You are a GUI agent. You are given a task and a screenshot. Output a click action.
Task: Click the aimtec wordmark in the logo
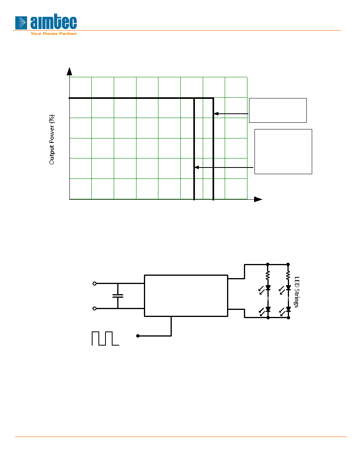point(53,22)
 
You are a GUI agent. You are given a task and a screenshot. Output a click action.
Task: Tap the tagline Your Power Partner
point(54,34)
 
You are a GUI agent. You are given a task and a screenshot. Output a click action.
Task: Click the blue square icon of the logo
point(21,23)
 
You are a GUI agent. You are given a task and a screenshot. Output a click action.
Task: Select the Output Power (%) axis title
point(52,139)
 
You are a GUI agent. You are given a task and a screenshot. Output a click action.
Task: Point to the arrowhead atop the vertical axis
point(69,71)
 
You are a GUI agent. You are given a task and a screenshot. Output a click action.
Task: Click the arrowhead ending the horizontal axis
point(258,199)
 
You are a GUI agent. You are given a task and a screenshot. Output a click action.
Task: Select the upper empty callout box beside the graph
point(278,110)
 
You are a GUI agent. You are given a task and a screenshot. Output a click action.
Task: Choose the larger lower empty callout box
point(284,151)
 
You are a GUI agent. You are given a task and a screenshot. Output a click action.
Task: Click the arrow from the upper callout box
point(231,113)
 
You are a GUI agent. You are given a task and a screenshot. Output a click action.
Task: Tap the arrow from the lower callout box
point(224,167)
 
